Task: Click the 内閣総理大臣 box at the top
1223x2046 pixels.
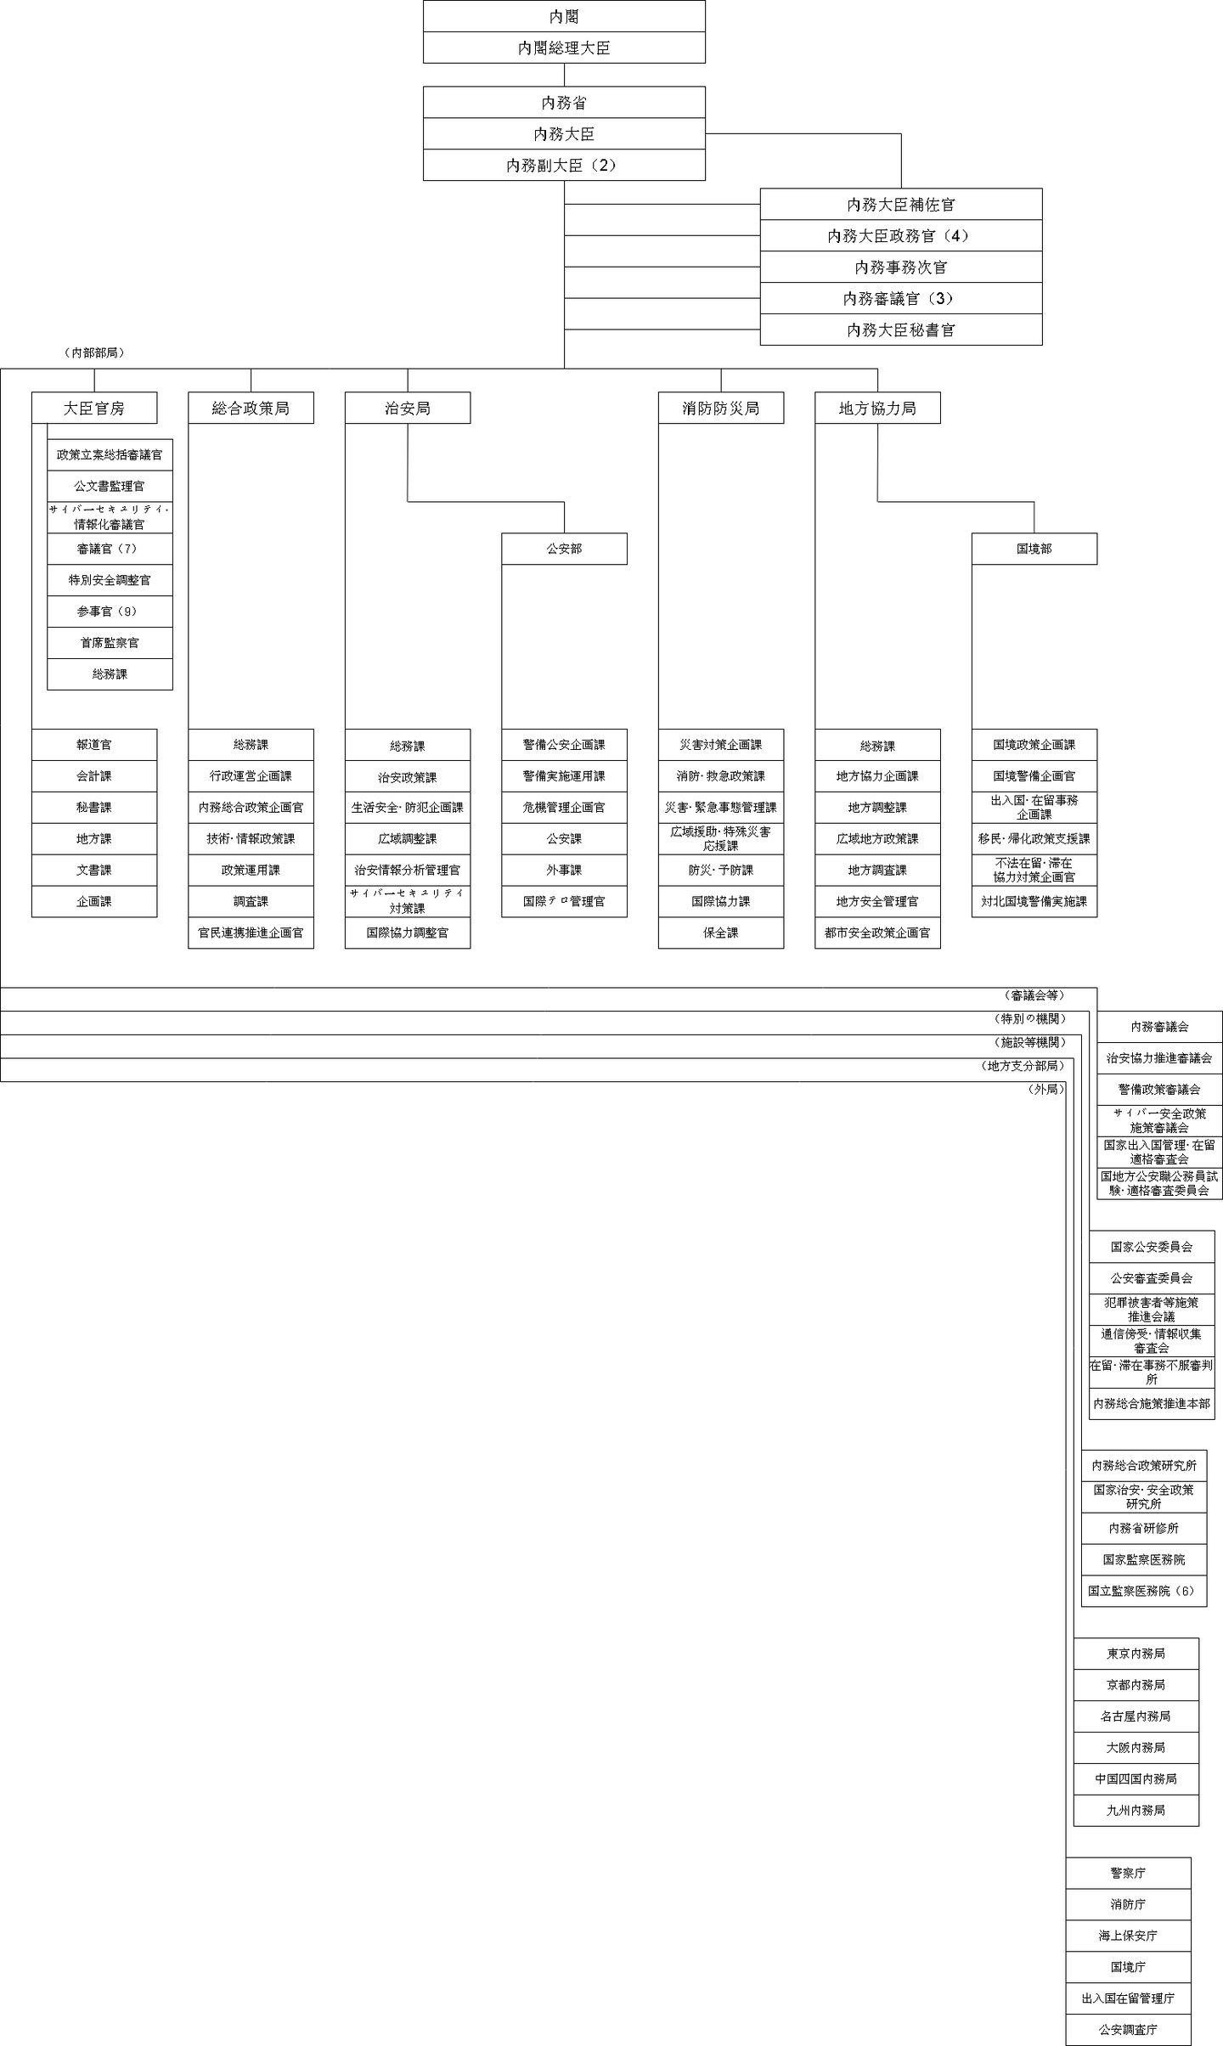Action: tap(564, 48)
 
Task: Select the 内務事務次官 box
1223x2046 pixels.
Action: tap(900, 268)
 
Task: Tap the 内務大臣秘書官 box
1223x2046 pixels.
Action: tap(900, 330)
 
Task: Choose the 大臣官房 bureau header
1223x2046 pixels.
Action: tap(94, 409)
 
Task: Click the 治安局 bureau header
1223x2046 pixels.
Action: tap(408, 409)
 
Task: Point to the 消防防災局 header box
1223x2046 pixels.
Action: tap(720, 409)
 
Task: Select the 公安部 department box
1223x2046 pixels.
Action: tap(564, 549)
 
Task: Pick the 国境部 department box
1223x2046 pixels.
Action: tap(1034, 549)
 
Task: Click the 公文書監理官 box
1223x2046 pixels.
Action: tap(110, 487)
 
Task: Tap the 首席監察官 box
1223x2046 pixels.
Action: tap(110, 643)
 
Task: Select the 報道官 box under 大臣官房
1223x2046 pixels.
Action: tap(94, 745)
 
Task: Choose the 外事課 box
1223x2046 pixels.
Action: tap(564, 871)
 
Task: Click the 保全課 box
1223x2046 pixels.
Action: tap(720, 933)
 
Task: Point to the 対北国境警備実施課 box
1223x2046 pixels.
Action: tap(1034, 901)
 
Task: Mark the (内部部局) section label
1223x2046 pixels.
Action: tap(94, 352)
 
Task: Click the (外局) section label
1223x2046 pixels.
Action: tap(1045, 1089)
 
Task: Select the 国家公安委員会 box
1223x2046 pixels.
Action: tap(1152, 1247)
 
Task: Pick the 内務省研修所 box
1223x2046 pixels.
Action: tap(1143, 1528)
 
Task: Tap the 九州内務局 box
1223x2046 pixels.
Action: tap(1136, 1810)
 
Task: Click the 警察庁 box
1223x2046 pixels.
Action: tap(1128, 1873)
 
